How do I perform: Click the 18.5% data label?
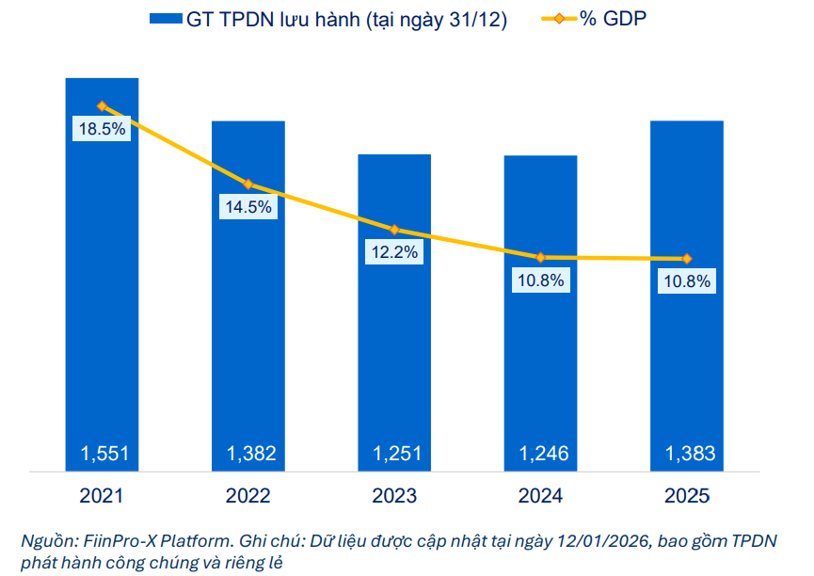coord(102,130)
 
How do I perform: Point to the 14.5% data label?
coord(248,207)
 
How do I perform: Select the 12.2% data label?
coord(394,252)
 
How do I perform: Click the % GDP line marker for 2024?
coord(541,257)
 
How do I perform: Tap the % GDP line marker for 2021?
coord(102,106)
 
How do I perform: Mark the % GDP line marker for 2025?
coord(687,259)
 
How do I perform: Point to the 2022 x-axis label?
coord(248,496)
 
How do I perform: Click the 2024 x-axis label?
coord(541,496)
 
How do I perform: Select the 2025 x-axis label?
coord(687,496)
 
